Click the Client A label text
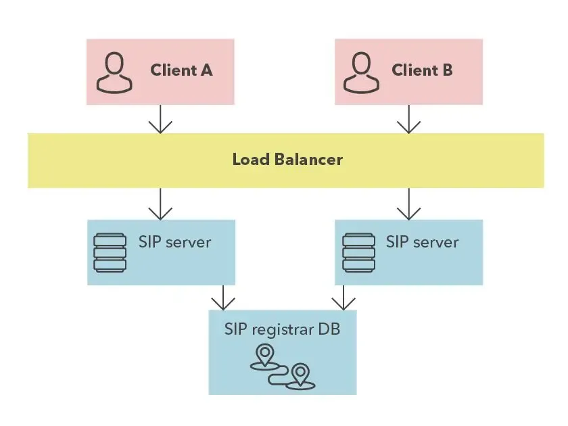pyautogui.click(x=181, y=70)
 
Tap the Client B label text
pyautogui.click(x=422, y=70)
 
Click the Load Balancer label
pyautogui.click(x=287, y=160)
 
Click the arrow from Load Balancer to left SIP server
pyautogui.click(x=160, y=204)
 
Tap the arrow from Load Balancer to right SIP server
pyautogui.click(x=408, y=204)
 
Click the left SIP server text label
pyautogui.click(x=174, y=241)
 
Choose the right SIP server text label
pyautogui.click(x=422, y=241)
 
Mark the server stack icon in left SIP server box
pyautogui.click(x=110, y=252)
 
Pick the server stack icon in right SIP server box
pyautogui.click(x=358, y=252)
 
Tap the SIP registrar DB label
pyautogui.click(x=282, y=330)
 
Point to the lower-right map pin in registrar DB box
pyautogui.click(x=300, y=374)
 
